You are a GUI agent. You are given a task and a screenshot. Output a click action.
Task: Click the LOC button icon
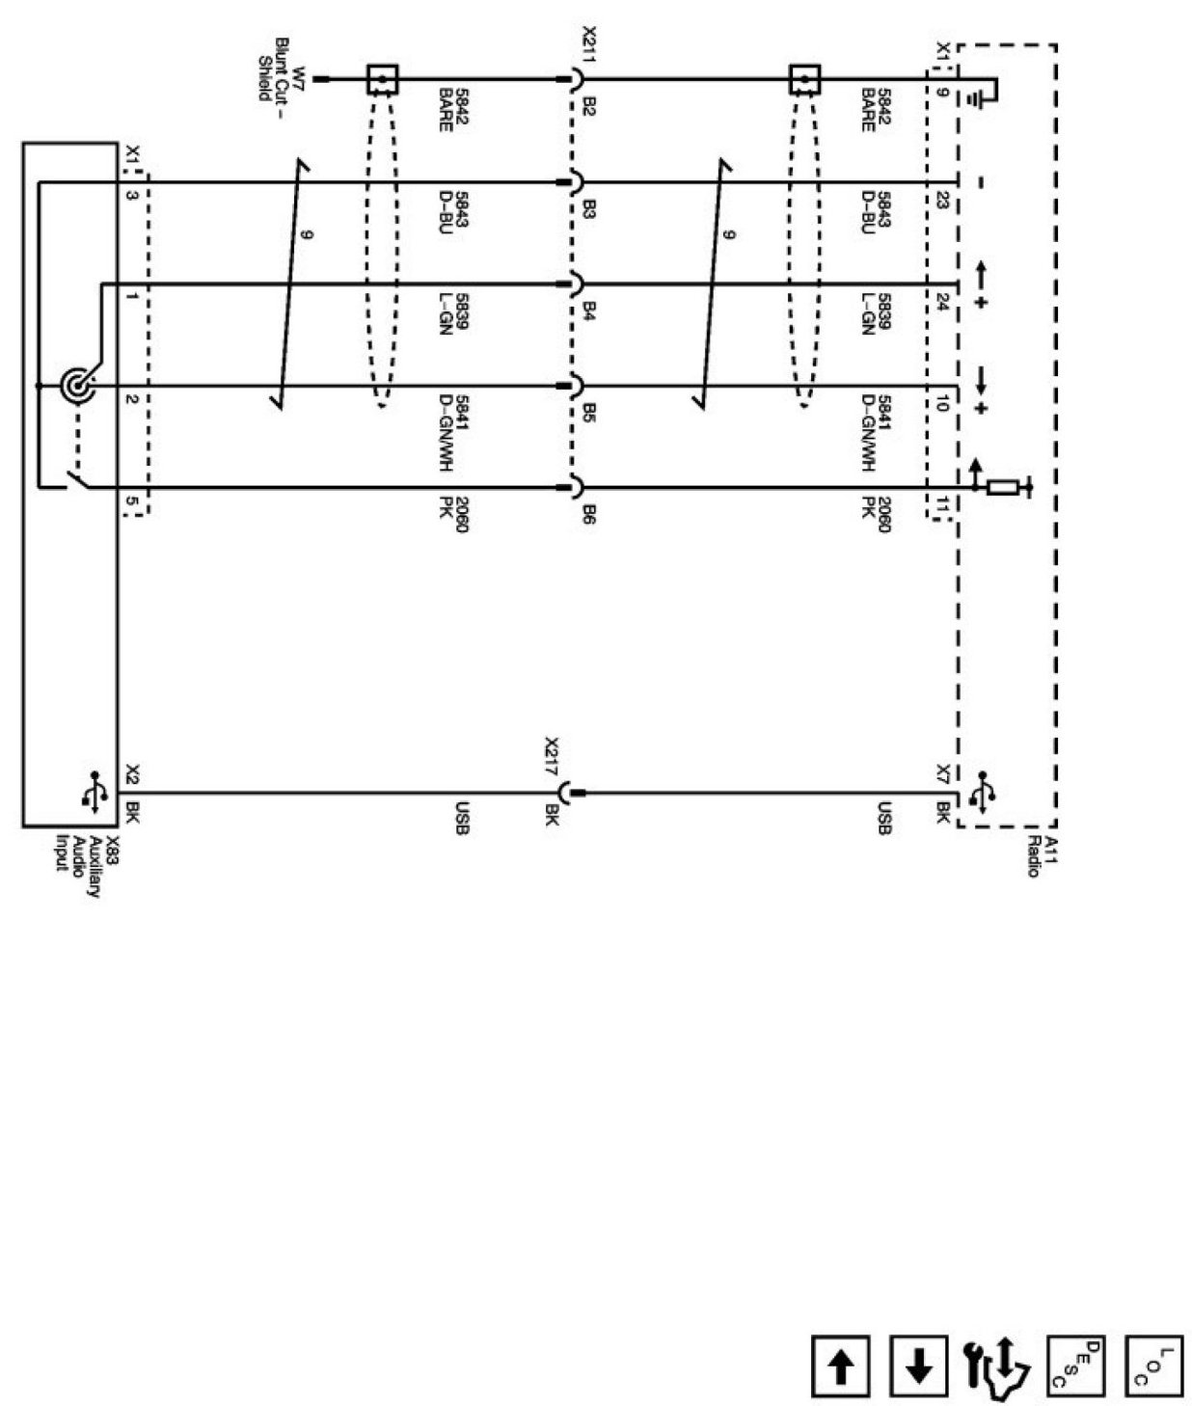(x=1153, y=1365)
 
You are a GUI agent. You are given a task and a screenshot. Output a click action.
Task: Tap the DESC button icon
(x=1075, y=1365)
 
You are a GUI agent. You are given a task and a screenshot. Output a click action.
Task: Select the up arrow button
(x=841, y=1365)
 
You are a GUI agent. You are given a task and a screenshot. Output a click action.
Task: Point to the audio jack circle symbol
(x=76, y=386)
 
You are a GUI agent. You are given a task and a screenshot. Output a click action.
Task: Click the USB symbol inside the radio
(x=983, y=793)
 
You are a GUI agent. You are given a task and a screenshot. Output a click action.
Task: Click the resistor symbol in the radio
(x=1004, y=488)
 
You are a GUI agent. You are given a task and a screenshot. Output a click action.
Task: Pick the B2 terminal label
(x=588, y=104)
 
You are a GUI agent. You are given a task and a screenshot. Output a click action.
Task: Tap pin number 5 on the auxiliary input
(x=130, y=502)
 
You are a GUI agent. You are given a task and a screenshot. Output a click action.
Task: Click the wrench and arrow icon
(x=994, y=1366)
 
